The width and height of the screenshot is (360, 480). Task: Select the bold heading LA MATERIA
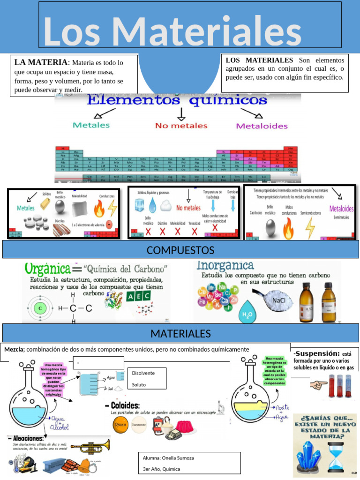point(41,62)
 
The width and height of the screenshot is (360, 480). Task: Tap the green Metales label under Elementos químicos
point(91,125)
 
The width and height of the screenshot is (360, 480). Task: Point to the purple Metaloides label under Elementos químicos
point(262,126)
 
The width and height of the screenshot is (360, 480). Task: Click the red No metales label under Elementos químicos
point(181,126)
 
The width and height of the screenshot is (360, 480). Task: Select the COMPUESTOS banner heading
point(180,250)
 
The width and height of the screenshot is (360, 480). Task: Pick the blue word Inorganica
point(225,266)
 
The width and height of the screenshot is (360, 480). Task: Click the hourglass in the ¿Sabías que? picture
point(335,457)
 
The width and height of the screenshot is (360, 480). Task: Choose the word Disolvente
point(143,373)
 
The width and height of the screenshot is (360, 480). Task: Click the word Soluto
point(139,384)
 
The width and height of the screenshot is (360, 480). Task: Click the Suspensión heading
point(317,353)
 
